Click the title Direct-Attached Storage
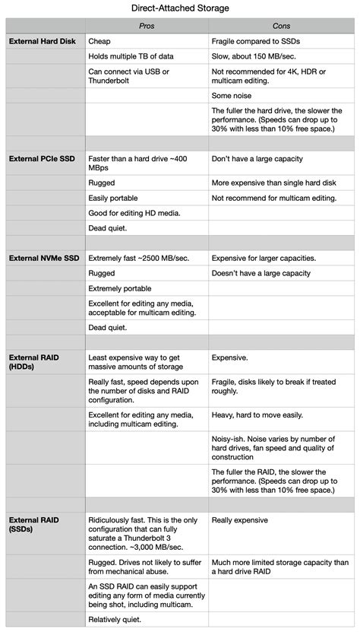(180, 8)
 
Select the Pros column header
(147, 26)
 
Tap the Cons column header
(281, 26)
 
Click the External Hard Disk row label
(40, 41)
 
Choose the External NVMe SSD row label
(43, 258)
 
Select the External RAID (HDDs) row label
(34, 361)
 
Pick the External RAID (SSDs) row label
(34, 525)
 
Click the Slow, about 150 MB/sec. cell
(258, 56)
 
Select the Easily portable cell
(113, 198)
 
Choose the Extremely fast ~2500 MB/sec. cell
(139, 258)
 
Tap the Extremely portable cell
(119, 288)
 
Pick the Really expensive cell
(239, 520)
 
